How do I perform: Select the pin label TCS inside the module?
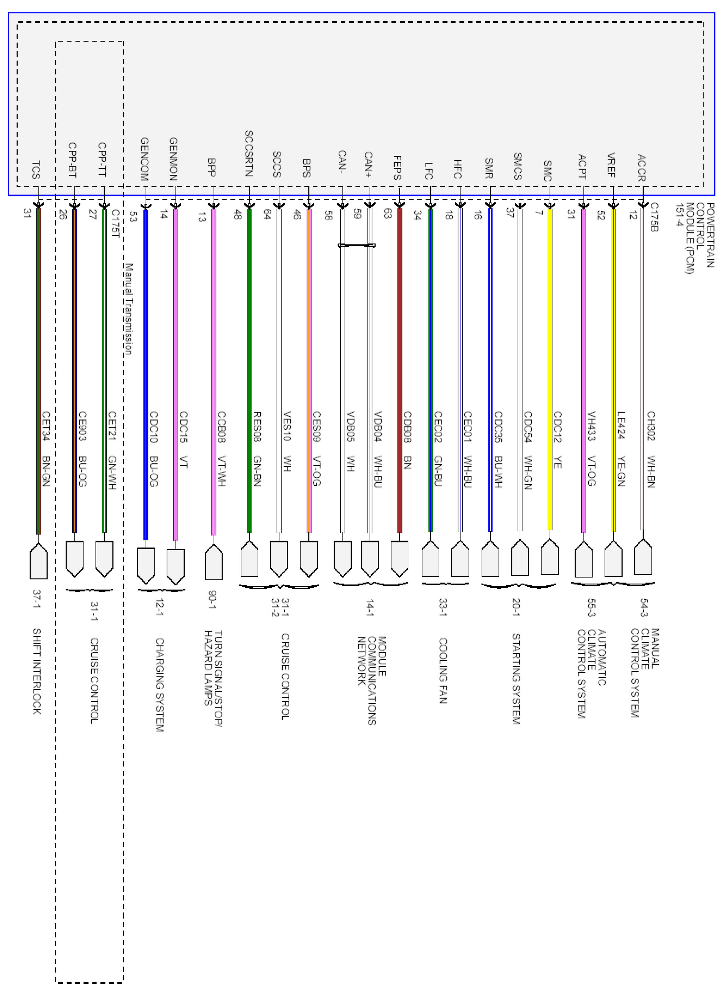(36, 170)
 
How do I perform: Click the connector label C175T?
(115, 223)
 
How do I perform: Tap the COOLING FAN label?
(443, 670)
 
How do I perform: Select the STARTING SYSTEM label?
(516, 679)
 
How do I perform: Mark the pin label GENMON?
(173, 159)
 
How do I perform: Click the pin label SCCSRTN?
(249, 153)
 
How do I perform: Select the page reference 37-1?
(37, 599)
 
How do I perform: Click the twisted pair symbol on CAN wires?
(356, 245)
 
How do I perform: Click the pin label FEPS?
(397, 168)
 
